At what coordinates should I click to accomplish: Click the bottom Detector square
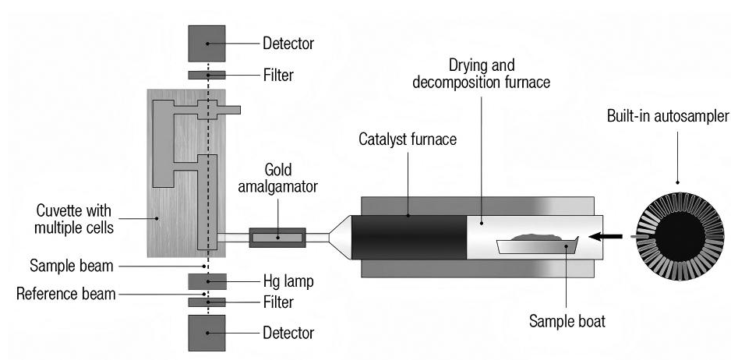pos(207,333)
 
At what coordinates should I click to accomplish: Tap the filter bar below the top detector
pos(207,75)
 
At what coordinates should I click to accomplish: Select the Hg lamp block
pos(207,281)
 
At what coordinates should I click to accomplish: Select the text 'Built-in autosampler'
pos(669,116)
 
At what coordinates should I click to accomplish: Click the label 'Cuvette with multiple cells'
pos(73,220)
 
